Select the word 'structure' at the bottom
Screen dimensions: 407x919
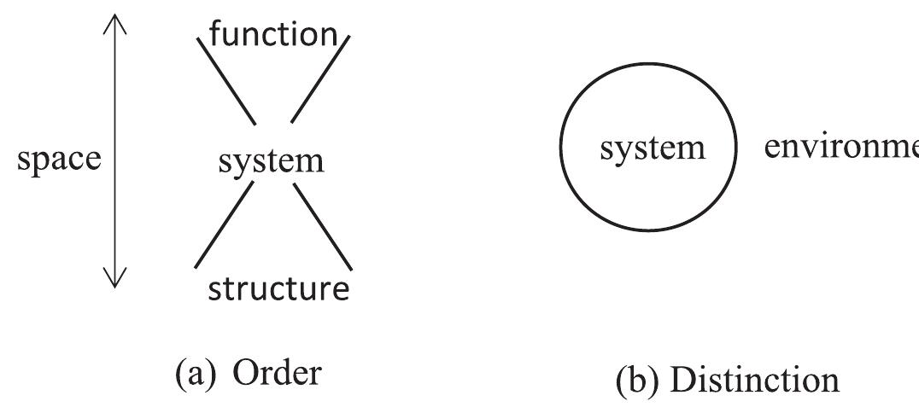278,289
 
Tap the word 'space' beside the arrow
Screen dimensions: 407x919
58,159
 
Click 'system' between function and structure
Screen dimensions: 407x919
271,160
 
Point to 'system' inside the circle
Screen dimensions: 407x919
653,148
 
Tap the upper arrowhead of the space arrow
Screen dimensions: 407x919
114,22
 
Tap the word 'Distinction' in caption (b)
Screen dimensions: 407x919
754,380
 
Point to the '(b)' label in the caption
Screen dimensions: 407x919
636,381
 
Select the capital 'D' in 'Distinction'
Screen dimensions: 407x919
681,380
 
